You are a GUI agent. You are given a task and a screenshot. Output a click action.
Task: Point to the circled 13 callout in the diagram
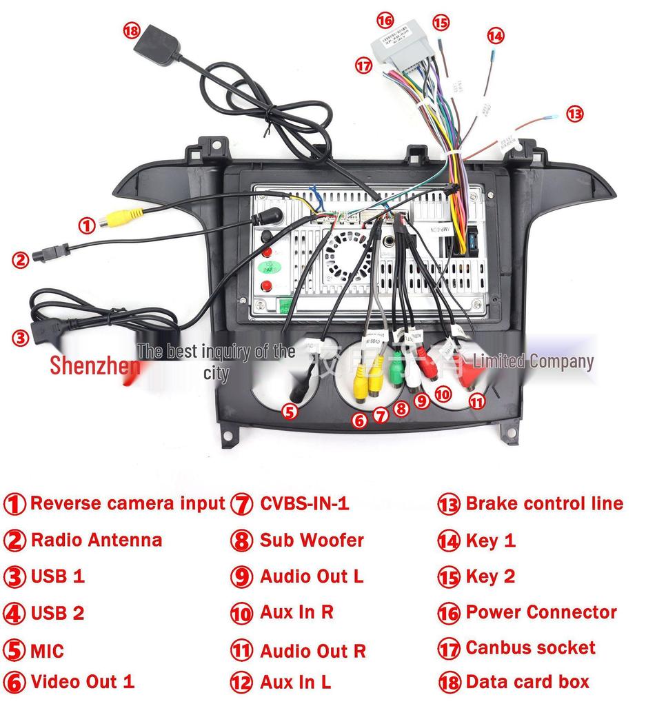coord(574,114)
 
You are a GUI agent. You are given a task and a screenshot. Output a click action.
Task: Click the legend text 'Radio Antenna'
coord(97,540)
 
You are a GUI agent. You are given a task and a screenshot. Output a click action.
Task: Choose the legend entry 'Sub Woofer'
coord(311,540)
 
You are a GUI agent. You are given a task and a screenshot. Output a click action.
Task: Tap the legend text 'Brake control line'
coord(544,503)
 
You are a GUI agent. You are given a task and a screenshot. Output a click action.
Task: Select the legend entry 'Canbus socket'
coord(530,647)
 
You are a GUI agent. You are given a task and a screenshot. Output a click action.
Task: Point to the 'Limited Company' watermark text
coord(533,361)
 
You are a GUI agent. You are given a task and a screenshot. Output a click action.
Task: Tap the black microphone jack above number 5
coord(298,392)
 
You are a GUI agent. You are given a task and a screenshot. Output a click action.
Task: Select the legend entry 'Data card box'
coord(527,682)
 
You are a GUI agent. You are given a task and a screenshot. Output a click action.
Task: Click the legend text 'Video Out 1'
coord(82,682)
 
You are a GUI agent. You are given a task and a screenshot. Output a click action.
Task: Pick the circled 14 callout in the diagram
coord(495,35)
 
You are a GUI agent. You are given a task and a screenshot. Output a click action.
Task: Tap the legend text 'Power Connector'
coord(541,612)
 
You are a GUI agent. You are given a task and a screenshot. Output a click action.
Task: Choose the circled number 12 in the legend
coord(241,683)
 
